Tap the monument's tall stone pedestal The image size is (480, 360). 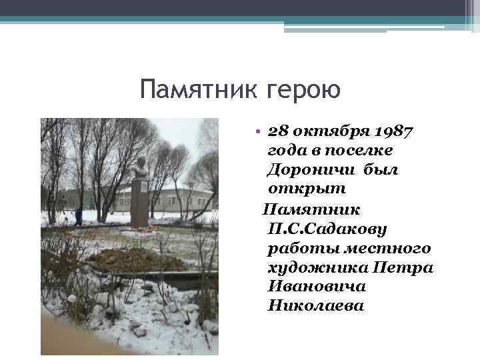tap(139, 203)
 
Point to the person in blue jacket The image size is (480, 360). tap(79, 216)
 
